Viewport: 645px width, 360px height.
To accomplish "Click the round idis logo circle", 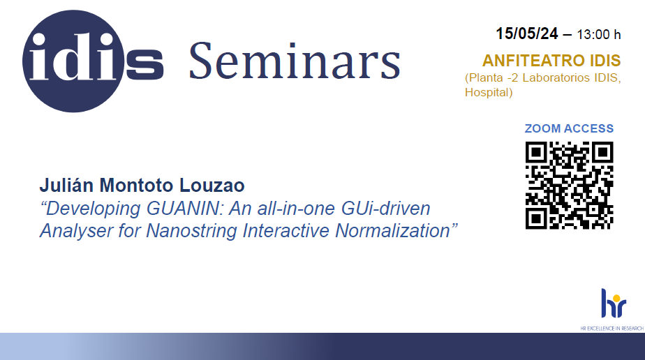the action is [73, 61].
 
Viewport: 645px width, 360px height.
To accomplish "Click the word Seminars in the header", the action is [295, 61].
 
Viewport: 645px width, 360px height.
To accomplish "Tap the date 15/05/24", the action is [527, 33].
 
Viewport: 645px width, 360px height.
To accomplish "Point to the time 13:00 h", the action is [598, 34].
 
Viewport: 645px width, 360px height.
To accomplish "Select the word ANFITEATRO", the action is [533, 61].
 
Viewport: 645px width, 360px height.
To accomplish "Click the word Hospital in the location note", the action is [487, 93].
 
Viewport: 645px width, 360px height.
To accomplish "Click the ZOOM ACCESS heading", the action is [569, 128].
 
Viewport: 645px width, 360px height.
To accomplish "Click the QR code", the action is [570, 186].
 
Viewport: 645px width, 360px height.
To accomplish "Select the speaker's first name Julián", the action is [66, 186].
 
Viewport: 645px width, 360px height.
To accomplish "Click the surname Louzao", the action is [212, 186].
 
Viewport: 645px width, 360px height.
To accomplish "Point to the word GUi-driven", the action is [385, 209].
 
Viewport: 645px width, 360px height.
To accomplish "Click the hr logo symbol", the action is [614, 303].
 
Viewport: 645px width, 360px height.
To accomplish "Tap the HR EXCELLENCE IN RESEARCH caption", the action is [611, 329].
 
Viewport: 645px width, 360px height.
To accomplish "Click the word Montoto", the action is [137, 186].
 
